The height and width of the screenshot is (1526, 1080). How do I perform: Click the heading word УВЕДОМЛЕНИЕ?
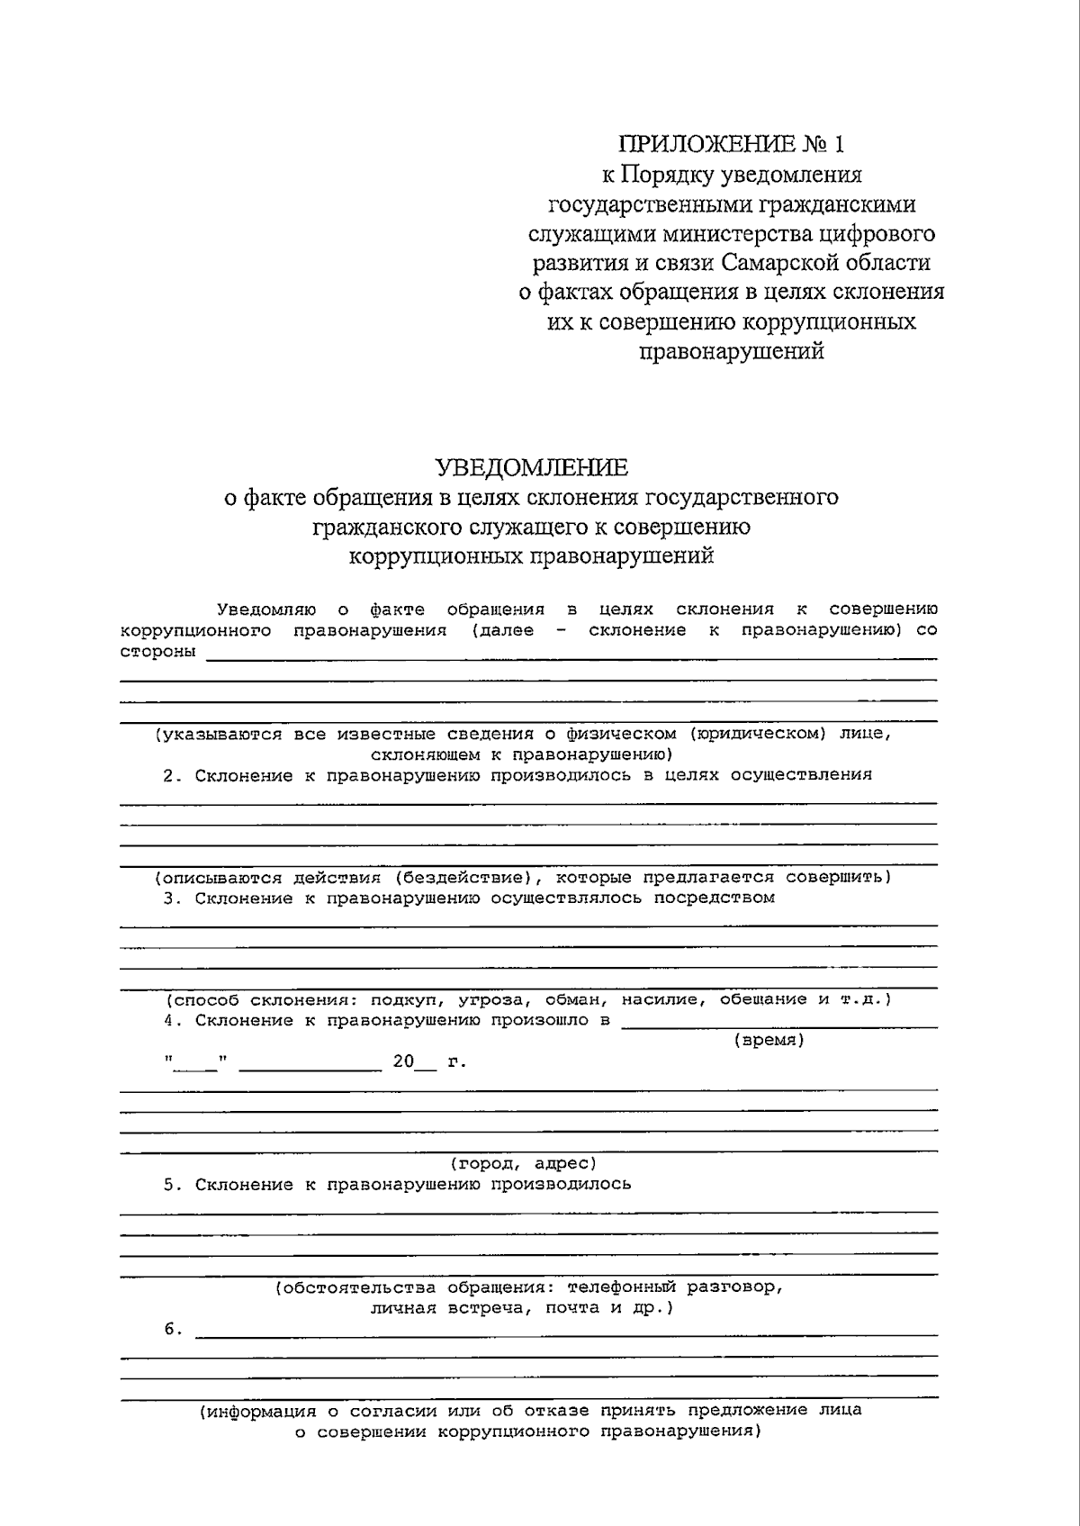pyautogui.click(x=531, y=467)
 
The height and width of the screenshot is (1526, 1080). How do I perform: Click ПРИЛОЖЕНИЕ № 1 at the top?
pyautogui.click(x=732, y=144)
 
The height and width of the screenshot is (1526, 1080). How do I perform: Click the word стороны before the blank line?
pyautogui.click(x=157, y=651)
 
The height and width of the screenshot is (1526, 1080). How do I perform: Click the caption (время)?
pyautogui.click(x=768, y=1040)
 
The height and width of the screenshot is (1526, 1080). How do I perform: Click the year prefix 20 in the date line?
pyautogui.click(x=403, y=1061)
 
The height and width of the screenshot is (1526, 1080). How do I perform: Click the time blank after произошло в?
pyautogui.click(x=778, y=1023)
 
